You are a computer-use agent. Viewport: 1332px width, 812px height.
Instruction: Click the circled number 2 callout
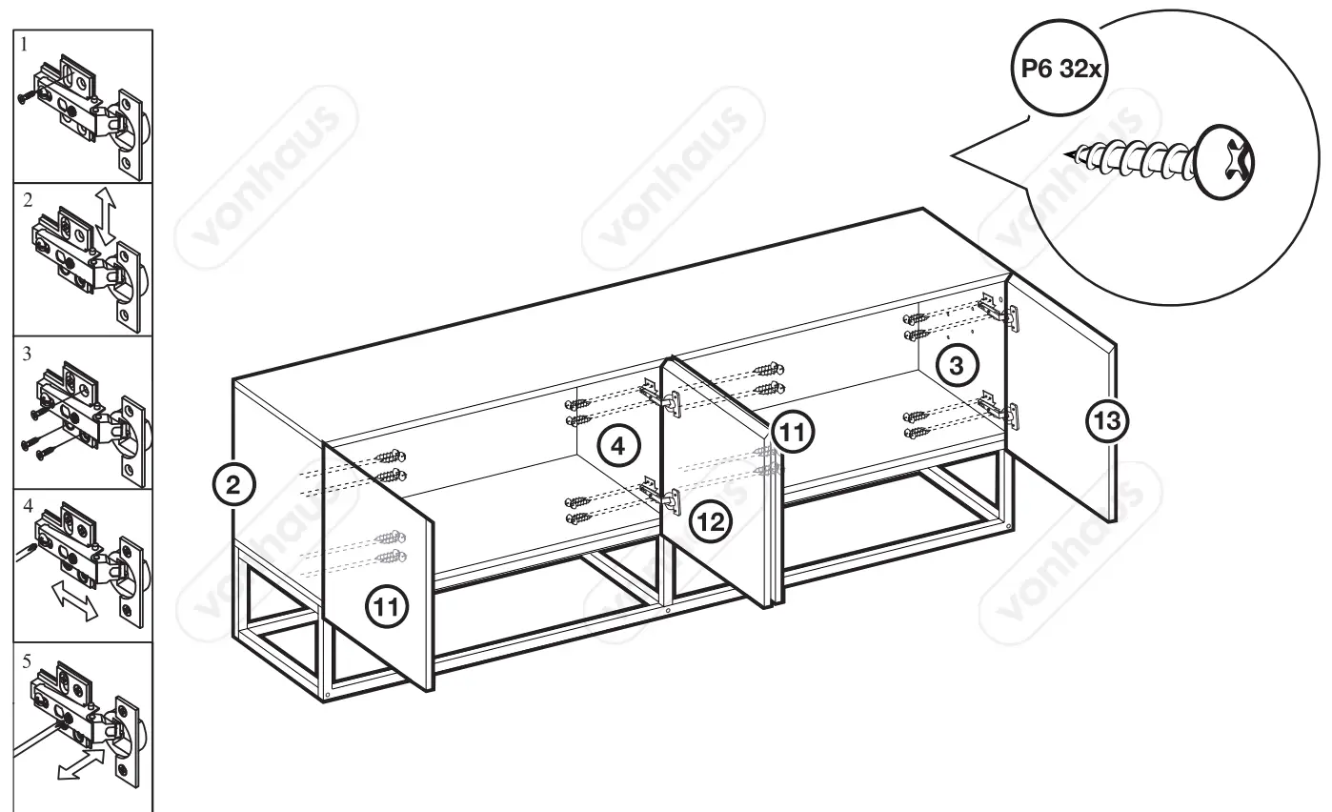coord(233,484)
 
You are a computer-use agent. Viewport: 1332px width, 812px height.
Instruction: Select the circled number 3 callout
coord(959,363)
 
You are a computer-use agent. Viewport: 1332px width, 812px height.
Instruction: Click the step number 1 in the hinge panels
coord(25,44)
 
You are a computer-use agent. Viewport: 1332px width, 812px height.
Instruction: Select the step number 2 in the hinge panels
coord(27,199)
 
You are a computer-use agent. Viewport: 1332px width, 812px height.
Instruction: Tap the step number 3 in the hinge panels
coord(26,353)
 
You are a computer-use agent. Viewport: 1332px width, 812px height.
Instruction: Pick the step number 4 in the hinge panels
coord(25,506)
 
